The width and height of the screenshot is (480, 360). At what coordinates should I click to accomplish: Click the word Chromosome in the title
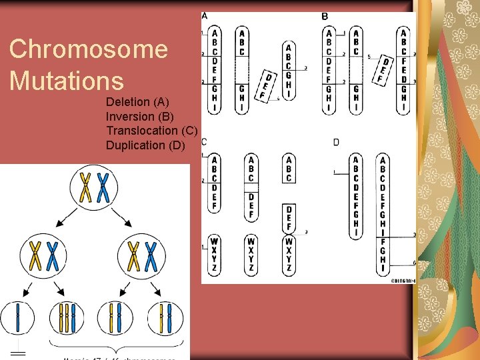89,49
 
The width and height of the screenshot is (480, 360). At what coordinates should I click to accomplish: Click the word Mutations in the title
67,81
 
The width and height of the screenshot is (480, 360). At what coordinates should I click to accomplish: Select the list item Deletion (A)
137,102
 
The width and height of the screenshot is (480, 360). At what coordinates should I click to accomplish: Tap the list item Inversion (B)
140,117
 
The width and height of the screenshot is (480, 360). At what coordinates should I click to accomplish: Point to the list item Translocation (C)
152,131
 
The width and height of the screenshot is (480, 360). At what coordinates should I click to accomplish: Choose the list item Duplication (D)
145,145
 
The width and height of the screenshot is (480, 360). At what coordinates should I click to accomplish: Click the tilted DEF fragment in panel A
267,87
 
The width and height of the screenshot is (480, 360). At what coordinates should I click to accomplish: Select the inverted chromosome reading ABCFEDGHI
403,71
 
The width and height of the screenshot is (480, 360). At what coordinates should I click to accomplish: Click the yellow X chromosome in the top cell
85,187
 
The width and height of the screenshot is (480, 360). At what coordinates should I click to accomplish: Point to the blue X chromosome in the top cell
103,187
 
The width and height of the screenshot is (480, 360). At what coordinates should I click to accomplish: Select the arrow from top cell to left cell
68,217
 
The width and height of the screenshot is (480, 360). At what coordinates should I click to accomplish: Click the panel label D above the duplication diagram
336,142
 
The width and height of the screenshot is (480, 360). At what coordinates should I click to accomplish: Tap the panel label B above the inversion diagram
325,16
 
